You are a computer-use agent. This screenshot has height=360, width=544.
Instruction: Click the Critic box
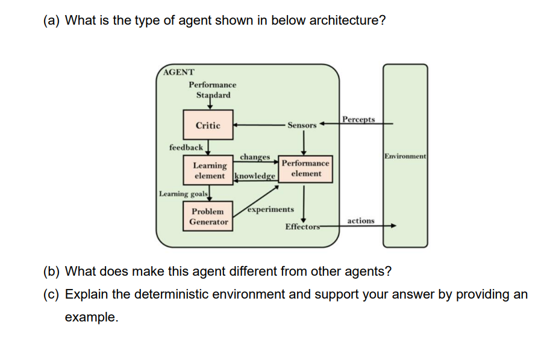tap(208, 125)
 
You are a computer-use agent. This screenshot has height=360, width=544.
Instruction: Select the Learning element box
tap(209, 170)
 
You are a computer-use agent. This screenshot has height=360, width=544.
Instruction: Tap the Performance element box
tap(305, 168)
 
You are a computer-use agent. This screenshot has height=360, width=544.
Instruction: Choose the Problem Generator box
tap(208, 217)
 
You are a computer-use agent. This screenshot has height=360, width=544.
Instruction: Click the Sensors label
tap(302, 125)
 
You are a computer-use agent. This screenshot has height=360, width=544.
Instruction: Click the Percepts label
tap(358, 119)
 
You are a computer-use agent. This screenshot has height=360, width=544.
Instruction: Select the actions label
tap(361, 221)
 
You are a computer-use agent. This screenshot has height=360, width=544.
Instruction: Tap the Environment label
tap(405, 156)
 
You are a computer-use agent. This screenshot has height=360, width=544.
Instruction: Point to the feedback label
tap(186, 147)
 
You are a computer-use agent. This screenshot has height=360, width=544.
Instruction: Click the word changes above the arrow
tap(254, 157)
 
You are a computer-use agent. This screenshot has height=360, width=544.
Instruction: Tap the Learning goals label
tap(184, 194)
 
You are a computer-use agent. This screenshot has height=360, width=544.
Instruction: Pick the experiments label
tap(270, 209)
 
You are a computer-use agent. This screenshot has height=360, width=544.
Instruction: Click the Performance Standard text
tap(212, 90)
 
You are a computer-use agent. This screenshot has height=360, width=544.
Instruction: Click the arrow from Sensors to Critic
tap(259, 125)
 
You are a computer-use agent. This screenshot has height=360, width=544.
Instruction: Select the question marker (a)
tap(52, 20)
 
